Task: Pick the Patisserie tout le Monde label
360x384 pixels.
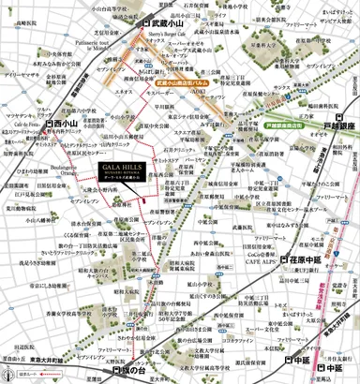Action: tap(97, 46)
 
